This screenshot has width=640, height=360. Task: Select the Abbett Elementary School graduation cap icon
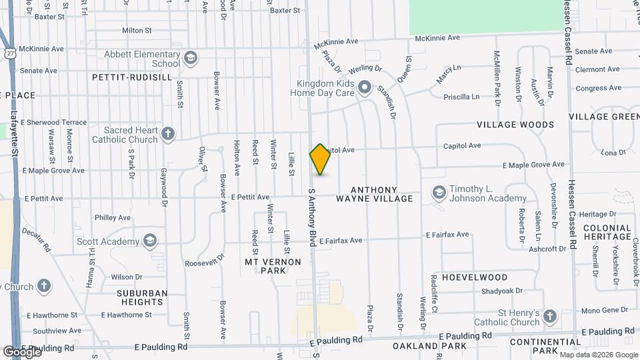click(191, 58)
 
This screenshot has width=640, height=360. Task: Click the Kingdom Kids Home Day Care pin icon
click(364, 87)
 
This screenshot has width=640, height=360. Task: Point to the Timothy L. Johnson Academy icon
click(439, 193)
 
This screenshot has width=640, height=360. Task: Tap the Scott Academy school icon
click(151, 241)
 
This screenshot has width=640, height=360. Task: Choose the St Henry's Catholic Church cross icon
click(549, 316)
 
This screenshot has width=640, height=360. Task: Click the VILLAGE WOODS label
click(515, 125)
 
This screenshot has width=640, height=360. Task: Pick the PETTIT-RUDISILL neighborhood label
click(132, 77)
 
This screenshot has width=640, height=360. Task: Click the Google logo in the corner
click(21, 351)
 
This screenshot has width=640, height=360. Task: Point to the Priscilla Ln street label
click(461, 97)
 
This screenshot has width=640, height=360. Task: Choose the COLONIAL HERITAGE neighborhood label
click(607, 232)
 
